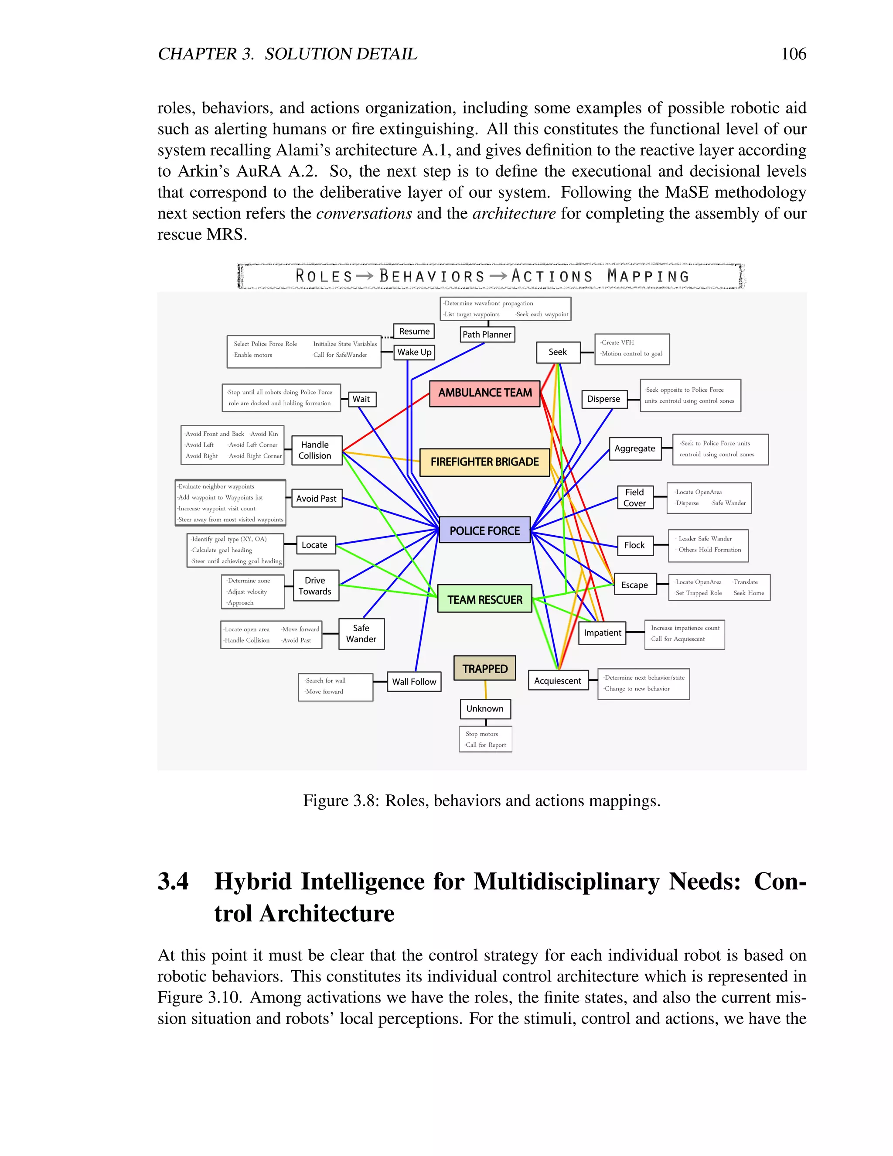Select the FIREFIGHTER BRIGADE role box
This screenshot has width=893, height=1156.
(x=484, y=462)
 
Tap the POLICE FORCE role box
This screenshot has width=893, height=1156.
(x=484, y=530)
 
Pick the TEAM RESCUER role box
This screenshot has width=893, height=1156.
(x=484, y=599)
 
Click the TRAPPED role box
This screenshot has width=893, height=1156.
(x=484, y=668)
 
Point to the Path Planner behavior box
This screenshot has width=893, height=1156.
(x=487, y=335)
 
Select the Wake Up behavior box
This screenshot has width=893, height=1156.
(x=414, y=352)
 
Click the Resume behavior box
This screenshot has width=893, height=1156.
(x=414, y=332)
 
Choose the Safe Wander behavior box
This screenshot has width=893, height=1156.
(x=361, y=633)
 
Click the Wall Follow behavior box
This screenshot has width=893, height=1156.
(x=414, y=682)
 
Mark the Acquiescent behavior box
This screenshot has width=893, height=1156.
(x=558, y=681)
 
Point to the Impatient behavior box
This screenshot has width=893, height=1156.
(x=603, y=633)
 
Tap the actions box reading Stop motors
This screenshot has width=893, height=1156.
(x=486, y=739)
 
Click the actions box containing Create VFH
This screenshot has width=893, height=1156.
(x=632, y=348)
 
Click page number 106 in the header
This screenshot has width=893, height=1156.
(x=794, y=54)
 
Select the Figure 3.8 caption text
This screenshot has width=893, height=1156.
(x=481, y=801)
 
